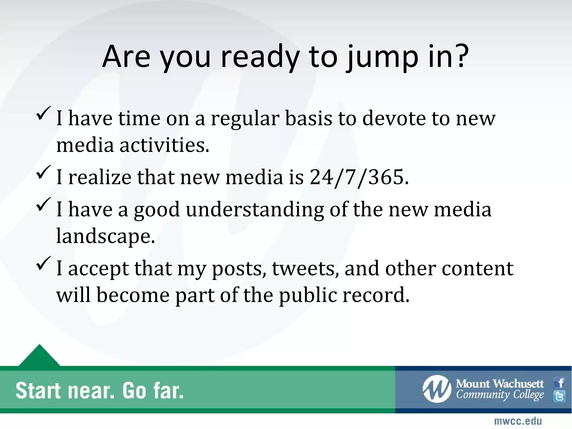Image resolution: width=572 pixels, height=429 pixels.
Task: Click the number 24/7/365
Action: [357, 177]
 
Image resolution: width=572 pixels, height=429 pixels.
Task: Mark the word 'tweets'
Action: [306, 268]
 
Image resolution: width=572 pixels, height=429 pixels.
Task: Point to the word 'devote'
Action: [394, 118]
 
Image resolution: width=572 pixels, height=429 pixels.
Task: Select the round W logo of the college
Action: [437, 389]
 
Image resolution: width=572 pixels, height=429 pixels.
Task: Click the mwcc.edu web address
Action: [518, 421]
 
